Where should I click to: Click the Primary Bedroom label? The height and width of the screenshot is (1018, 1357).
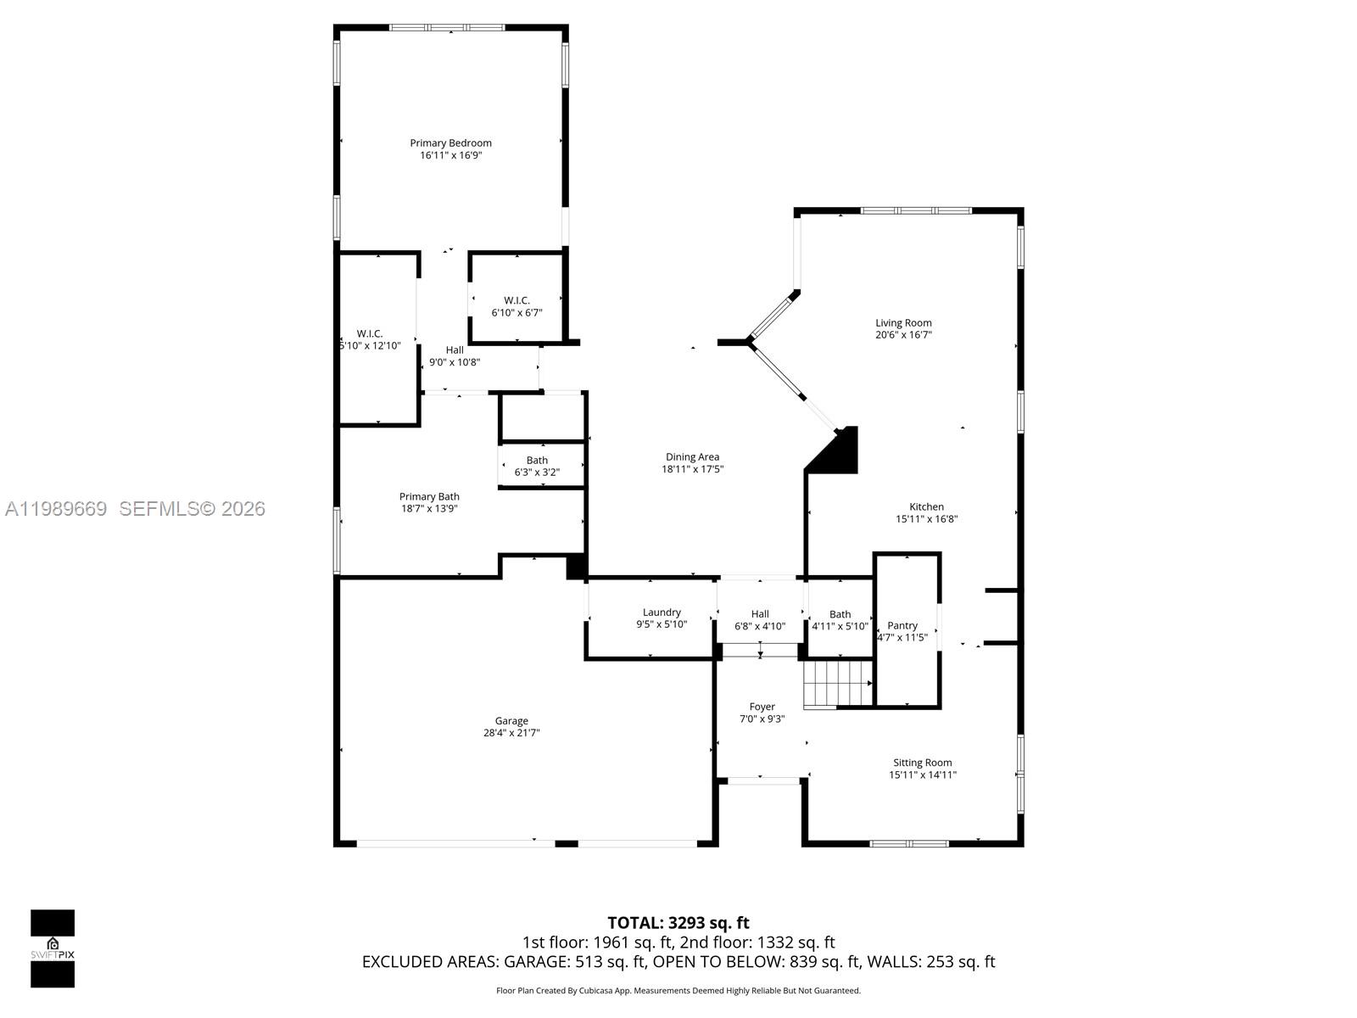click(450, 143)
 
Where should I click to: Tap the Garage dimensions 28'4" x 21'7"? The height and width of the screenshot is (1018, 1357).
click(511, 733)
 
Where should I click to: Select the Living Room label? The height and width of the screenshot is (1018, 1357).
click(903, 322)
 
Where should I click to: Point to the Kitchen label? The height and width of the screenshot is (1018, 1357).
click(926, 507)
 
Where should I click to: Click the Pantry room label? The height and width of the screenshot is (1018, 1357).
click(902, 626)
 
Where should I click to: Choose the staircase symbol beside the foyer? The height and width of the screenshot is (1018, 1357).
click(837, 684)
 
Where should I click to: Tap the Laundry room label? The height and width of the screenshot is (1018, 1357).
click(662, 612)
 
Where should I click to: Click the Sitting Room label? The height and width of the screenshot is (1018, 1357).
click(922, 763)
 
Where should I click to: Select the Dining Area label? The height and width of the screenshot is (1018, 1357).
click(692, 457)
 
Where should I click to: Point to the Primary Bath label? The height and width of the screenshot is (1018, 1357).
click(429, 497)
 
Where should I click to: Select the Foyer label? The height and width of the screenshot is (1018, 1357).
click(762, 707)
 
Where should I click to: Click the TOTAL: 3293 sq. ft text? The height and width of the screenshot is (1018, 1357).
click(678, 923)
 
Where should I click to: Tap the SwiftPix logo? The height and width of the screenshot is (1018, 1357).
click(53, 948)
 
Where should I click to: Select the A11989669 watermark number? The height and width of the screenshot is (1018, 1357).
click(56, 509)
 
